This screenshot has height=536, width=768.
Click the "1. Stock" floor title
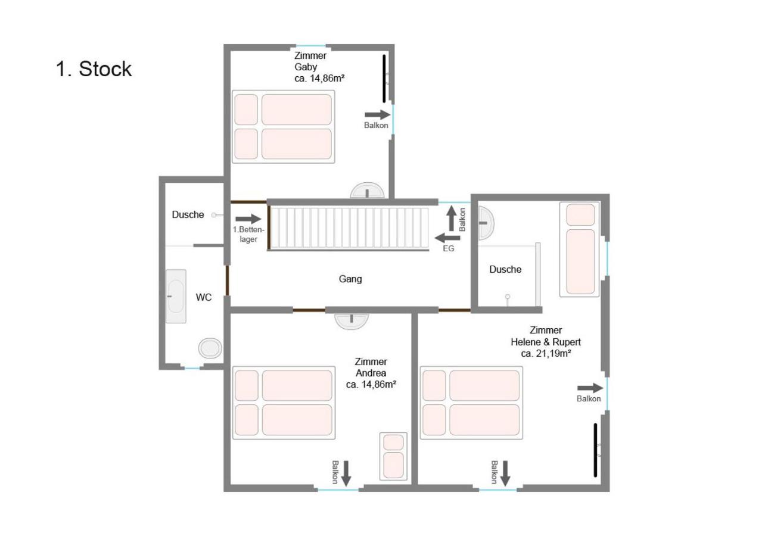pos(94,69)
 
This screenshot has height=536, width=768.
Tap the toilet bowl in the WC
pos(210,348)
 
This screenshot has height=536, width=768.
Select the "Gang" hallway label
pos(350,279)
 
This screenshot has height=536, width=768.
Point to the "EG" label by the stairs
pos(449,248)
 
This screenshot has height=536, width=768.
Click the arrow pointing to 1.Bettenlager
pos(248,219)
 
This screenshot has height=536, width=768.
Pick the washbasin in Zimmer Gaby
pos(367,191)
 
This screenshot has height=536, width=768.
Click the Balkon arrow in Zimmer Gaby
pos(378,115)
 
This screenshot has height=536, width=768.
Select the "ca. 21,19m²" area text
pos(546,354)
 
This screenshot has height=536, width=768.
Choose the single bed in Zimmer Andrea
pos(393,456)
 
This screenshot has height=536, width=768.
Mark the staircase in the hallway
pos(349,228)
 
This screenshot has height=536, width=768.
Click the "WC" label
pos(204,297)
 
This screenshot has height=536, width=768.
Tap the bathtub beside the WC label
pos(176,297)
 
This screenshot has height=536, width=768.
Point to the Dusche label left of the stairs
pos(188,215)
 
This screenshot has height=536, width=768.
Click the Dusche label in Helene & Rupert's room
pos(505,270)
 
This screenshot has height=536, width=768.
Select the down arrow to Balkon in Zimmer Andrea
pos(346,473)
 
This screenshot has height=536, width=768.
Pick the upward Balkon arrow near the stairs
pos(452,219)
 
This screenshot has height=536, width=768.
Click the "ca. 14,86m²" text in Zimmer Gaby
pos(319,79)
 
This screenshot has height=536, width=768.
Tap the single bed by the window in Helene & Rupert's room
pos(580,249)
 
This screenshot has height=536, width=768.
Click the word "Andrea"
pos(371,373)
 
